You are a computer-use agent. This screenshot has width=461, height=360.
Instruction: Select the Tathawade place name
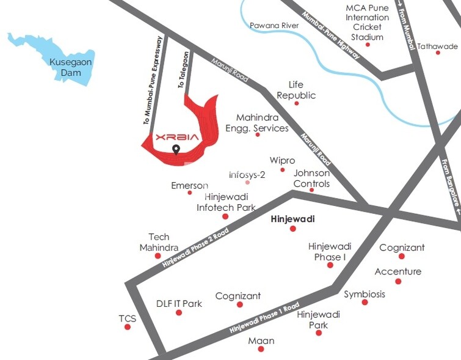click(x=437, y=46)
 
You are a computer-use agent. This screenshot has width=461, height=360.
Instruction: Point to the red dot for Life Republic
click(x=297, y=103)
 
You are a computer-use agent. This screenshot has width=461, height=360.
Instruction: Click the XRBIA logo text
click(x=177, y=137)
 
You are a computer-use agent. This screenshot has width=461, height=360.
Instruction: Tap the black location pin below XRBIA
click(x=176, y=150)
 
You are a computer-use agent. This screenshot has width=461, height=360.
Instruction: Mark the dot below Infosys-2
click(x=247, y=182)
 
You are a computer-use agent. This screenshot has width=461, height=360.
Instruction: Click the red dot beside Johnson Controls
click(x=311, y=189)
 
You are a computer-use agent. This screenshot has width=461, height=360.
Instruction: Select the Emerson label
click(x=189, y=185)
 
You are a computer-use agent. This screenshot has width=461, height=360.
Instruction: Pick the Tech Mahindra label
click(x=159, y=242)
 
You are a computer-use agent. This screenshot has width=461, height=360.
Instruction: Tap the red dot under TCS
click(x=128, y=327)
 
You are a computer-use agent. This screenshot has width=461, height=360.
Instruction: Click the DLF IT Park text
click(x=179, y=304)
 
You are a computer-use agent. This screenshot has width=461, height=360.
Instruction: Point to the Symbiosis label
click(x=365, y=294)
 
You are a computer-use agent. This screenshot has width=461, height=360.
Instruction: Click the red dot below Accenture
click(x=398, y=281)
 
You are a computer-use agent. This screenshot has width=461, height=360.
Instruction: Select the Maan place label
click(x=261, y=340)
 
